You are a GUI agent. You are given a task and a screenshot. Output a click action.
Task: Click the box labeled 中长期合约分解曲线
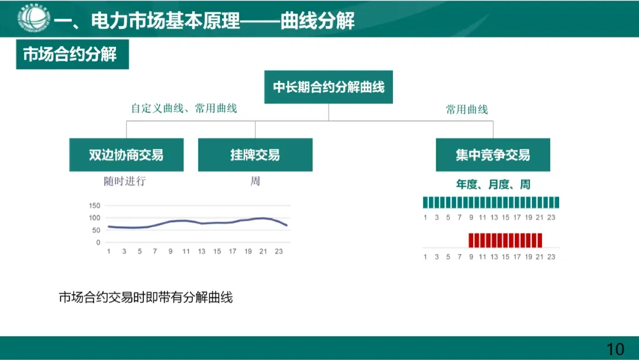pyautogui.click(x=328, y=88)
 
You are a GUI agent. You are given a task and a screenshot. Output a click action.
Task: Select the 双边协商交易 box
pyautogui.click(x=126, y=155)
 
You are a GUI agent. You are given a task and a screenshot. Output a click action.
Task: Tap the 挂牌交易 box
pyautogui.click(x=255, y=155)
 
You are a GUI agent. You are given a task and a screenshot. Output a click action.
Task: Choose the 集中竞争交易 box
pyautogui.click(x=493, y=155)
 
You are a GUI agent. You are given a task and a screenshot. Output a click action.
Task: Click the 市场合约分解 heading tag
pyautogui.click(x=72, y=55)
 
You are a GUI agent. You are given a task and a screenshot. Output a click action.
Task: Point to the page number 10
pyautogui.click(x=615, y=349)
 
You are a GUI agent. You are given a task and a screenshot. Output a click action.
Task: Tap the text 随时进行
pyautogui.click(x=125, y=181)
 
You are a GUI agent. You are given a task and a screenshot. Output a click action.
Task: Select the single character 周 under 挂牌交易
pyautogui.click(x=255, y=181)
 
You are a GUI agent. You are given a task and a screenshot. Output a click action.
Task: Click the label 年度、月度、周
pyautogui.click(x=493, y=185)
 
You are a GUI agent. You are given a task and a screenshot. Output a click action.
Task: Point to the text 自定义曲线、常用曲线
pyautogui.click(x=184, y=108)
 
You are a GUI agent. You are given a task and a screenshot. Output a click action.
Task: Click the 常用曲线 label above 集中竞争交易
pyautogui.click(x=467, y=110)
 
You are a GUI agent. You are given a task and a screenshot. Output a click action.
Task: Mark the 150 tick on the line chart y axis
pyautogui.click(x=95, y=205)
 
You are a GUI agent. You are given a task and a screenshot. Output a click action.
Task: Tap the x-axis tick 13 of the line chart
pyautogui.click(x=202, y=252)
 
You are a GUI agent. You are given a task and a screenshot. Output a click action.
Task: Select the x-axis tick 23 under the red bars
pyautogui.click(x=551, y=257)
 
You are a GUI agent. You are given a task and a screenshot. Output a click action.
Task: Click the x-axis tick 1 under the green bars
pyautogui.click(x=425, y=217)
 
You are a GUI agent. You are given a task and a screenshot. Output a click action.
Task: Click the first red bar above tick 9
pyautogui.click(x=472, y=240)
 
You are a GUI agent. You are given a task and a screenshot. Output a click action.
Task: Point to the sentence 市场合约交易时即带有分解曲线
pyautogui.click(x=146, y=297)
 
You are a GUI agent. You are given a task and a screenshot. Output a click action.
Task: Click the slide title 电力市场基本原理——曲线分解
pyautogui.click(x=204, y=22)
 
